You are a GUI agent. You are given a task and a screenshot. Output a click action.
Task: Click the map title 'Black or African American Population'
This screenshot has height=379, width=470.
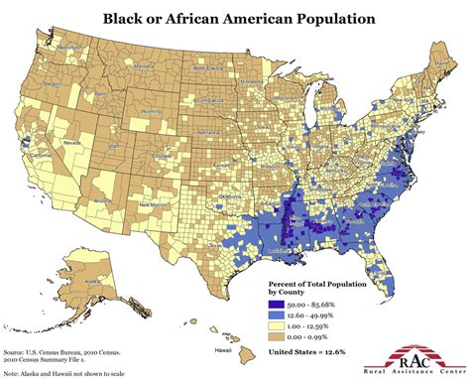tap(234, 18)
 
